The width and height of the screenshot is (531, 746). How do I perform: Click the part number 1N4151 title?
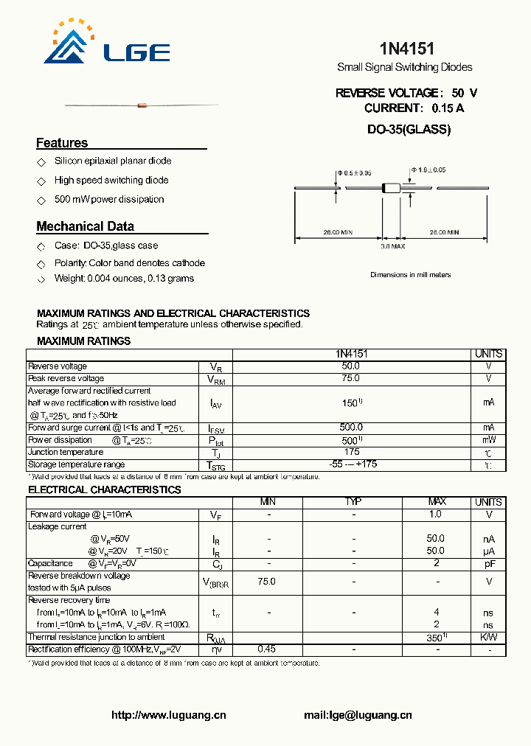pos(406,49)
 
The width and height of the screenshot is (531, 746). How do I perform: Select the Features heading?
pos(62,143)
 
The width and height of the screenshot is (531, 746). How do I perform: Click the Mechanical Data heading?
pos(85,226)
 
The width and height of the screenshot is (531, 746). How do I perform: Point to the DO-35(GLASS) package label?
pos(409,129)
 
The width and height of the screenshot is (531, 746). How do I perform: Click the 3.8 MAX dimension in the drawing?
pos(393,246)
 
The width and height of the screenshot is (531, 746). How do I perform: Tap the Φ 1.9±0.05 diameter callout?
pos(428,170)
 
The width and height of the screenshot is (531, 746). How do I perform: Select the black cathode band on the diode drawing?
pos(384,189)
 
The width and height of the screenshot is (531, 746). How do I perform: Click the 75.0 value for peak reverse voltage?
pos(351,378)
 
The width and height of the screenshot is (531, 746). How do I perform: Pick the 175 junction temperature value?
pos(351,452)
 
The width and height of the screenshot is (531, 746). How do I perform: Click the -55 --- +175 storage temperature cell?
pos(351,464)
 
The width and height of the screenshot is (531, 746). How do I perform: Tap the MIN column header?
pos(268,502)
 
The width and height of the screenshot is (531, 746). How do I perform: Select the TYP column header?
pos(353,502)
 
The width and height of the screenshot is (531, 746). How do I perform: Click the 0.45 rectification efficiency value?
pos(266,649)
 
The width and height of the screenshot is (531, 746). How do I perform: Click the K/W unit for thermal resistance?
pos(488,637)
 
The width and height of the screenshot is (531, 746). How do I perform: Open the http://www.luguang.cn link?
pos(168,715)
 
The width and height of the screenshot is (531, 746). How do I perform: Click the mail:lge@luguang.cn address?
pos(358,715)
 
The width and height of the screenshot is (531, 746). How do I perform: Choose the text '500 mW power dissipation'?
pos(109,200)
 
